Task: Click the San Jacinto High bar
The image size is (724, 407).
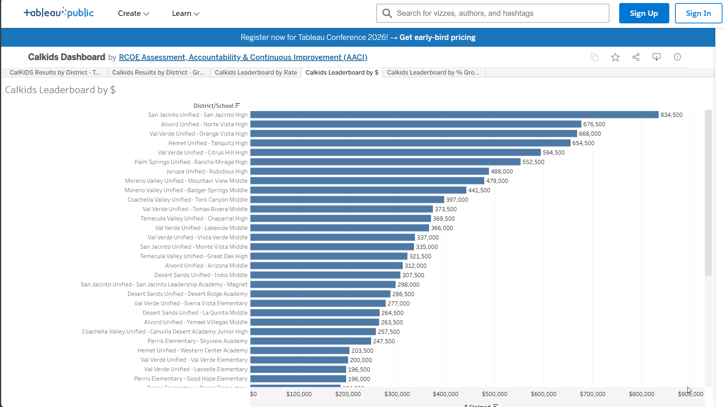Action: pyautogui.click(x=454, y=115)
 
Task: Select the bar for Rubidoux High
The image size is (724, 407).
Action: pyautogui.click(x=370, y=171)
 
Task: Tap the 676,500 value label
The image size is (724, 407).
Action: pyautogui.click(x=594, y=124)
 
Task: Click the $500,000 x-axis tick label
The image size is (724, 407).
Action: pyautogui.click(x=494, y=394)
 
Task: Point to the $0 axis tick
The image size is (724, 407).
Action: pyautogui.click(x=253, y=394)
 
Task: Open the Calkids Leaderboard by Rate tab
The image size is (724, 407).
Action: pyautogui.click(x=256, y=73)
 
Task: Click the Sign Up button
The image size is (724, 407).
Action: pyautogui.click(x=644, y=14)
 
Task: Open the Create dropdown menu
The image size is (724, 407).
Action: pyautogui.click(x=133, y=14)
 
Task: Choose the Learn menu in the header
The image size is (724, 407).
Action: pyautogui.click(x=186, y=14)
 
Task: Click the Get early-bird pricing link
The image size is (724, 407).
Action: pyautogui.click(x=437, y=37)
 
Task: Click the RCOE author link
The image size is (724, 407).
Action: pyautogui.click(x=243, y=57)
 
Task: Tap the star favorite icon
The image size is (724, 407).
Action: pyautogui.click(x=615, y=57)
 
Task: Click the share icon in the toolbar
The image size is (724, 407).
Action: pyautogui.click(x=636, y=57)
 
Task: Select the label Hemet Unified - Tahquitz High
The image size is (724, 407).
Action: pyautogui.click(x=208, y=143)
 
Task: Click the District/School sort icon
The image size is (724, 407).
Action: pyautogui.click(x=238, y=106)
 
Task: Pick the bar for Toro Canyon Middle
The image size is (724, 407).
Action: pyautogui.click(x=347, y=200)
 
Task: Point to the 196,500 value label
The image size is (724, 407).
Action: pyautogui.click(x=359, y=370)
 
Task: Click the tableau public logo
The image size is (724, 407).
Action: pyautogui.click(x=59, y=13)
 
